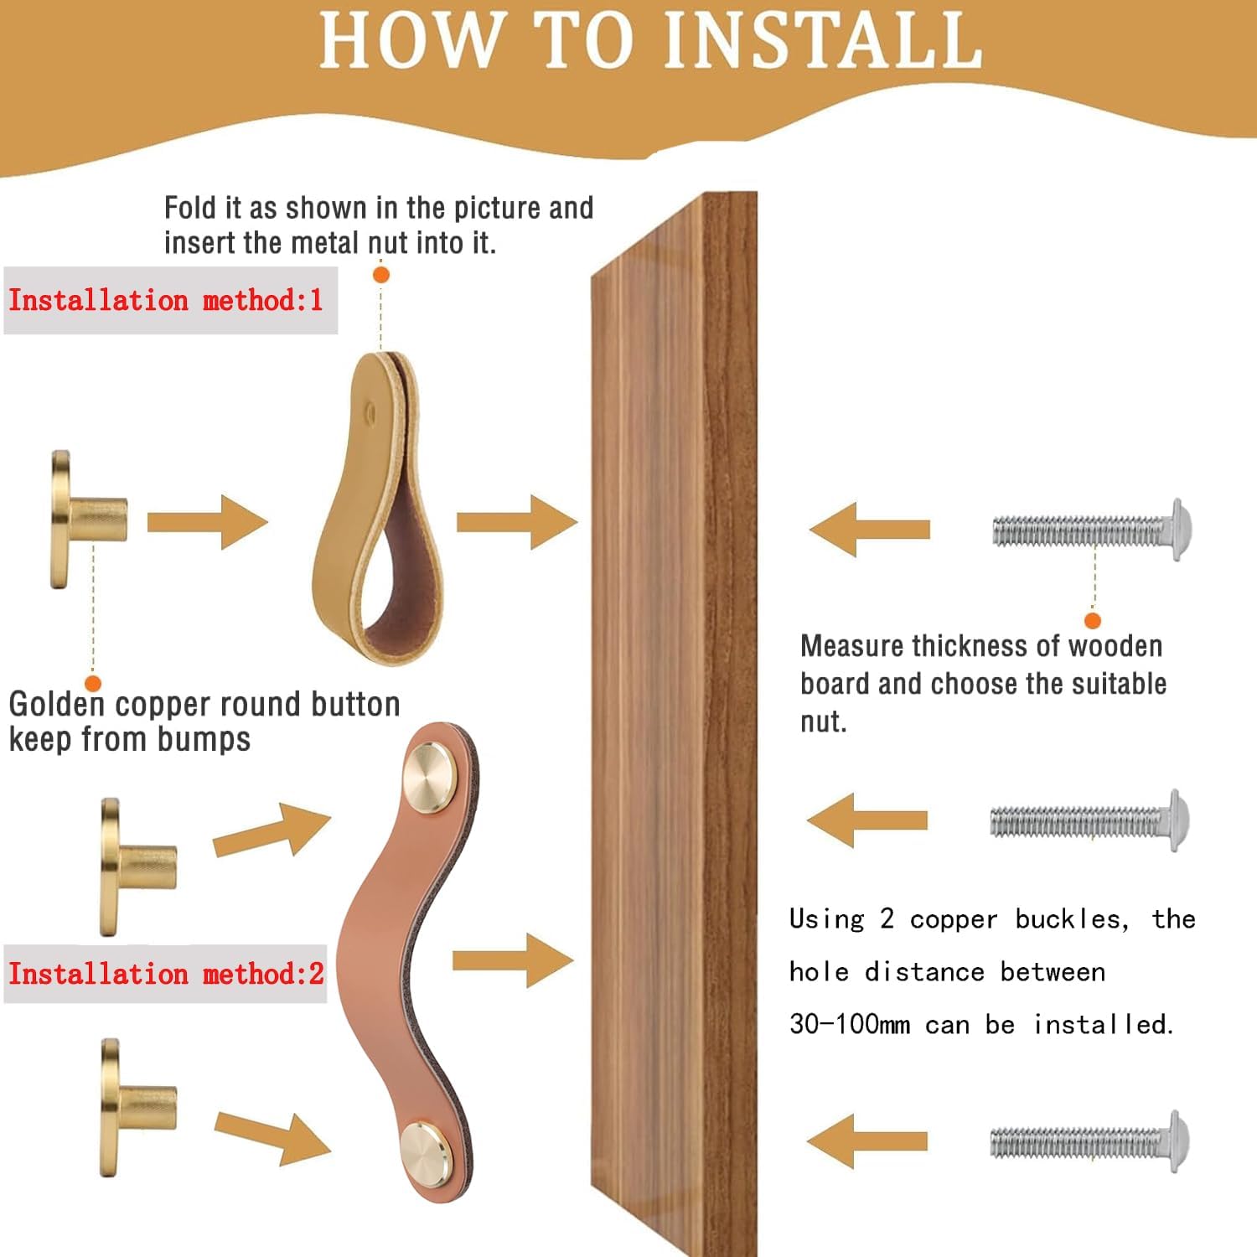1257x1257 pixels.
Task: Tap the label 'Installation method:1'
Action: [166, 300]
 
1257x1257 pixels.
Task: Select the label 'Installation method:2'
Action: [166, 974]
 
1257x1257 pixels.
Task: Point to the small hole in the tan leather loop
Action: [371, 411]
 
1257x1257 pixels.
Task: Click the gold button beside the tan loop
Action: [89, 520]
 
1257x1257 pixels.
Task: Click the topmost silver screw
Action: [1092, 530]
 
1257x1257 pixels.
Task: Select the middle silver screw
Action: [1089, 820]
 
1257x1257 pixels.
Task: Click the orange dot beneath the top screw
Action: [1092, 620]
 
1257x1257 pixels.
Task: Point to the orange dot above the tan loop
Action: [380, 274]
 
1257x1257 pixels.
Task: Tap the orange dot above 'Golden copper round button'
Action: [93, 683]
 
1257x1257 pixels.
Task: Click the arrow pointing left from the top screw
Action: [870, 530]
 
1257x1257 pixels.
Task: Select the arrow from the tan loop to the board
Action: [517, 522]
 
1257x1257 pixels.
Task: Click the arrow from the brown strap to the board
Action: [513, 960]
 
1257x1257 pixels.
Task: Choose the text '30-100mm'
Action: [849, 1024]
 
